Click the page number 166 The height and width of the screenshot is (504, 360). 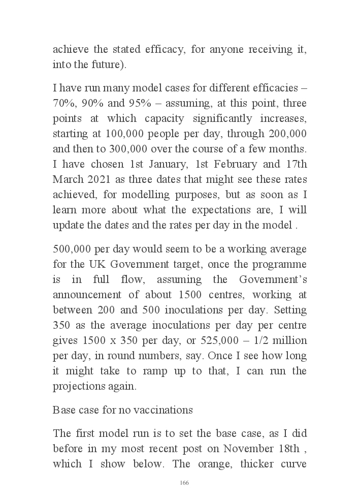click(184, 483)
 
